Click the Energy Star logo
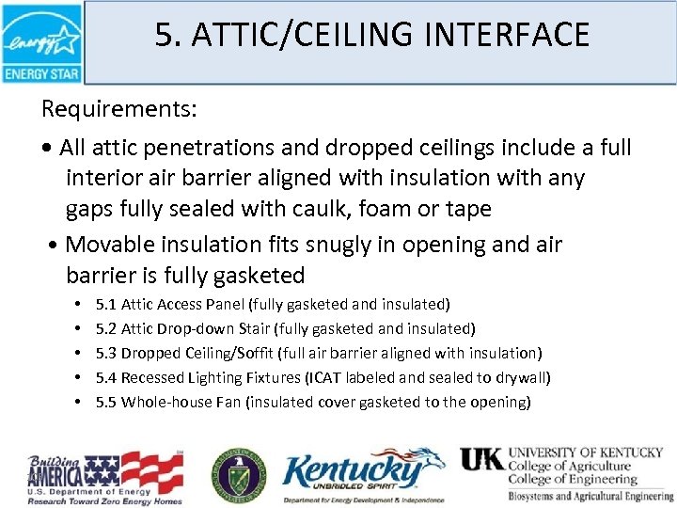(41, 42)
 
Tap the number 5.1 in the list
(106, 304)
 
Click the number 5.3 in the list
(106, 353)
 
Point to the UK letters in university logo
(481, 459)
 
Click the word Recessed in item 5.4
(150, 377)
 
